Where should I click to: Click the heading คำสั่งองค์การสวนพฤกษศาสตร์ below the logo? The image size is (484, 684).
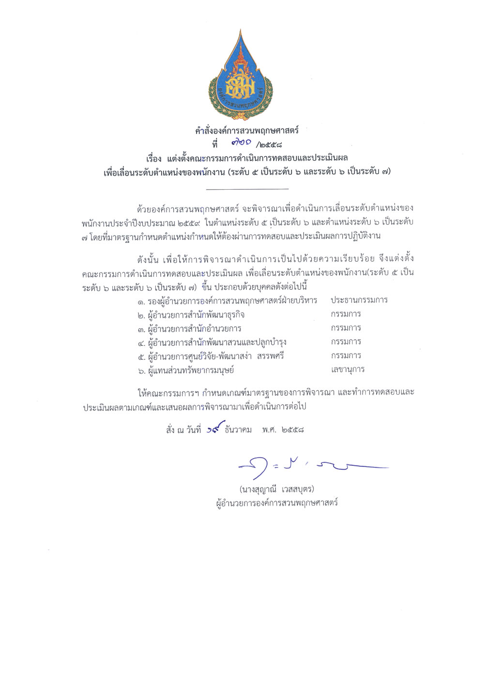(247, 131)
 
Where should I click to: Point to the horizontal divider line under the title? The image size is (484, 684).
(247, 188)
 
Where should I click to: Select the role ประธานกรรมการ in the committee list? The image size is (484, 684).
(359, 300)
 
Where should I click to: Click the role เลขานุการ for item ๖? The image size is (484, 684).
(348, 370)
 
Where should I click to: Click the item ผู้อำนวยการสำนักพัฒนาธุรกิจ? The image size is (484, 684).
(196, 315)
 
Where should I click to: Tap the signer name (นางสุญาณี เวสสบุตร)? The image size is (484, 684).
(276, 489)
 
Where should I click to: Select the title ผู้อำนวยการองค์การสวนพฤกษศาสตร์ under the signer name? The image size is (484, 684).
(277, 503)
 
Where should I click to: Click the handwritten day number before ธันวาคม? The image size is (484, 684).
(215, 428)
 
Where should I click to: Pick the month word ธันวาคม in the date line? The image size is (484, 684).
(238, 430)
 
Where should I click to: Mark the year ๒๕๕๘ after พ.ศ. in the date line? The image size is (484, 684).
(292, 430)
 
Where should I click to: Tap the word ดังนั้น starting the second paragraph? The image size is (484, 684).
(148, 259)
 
